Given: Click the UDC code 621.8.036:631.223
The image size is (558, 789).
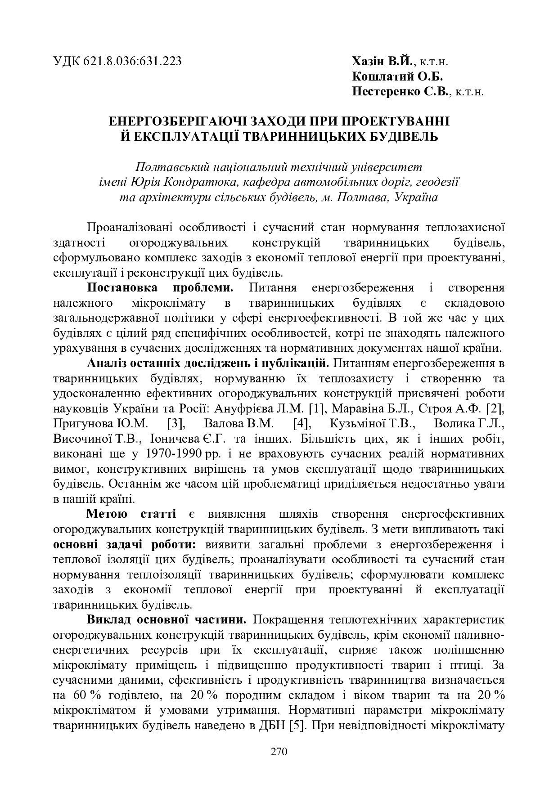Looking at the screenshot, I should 132,61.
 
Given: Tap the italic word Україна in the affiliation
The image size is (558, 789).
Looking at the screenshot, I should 415,197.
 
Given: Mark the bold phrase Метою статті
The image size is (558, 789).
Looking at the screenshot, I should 130,514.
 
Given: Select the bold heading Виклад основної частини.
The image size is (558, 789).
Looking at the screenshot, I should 166,619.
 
